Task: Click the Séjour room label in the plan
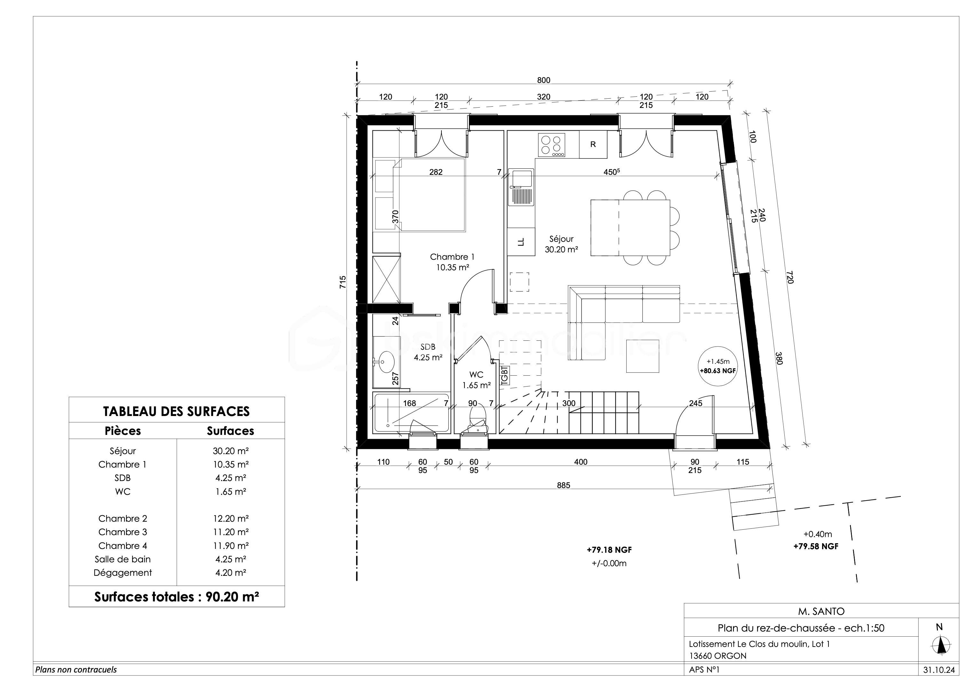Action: coord(561,239)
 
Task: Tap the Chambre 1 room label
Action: coord(452,257)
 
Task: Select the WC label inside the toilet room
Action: coord(476,375)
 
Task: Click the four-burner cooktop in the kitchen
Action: coord(551,145)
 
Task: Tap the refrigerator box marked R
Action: coord(593,144)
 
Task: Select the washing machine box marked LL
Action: coord(521,242)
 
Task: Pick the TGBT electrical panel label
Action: coord(504,375)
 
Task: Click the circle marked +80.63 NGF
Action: coord(718,366)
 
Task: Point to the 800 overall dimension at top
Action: coord(544,80)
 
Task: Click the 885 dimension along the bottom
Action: coord(564,485)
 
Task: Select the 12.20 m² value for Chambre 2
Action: coord(231,518)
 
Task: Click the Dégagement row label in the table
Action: coord(123,573)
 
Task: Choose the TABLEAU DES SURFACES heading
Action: coord(176,411)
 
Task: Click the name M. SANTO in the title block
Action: coord(821,611)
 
